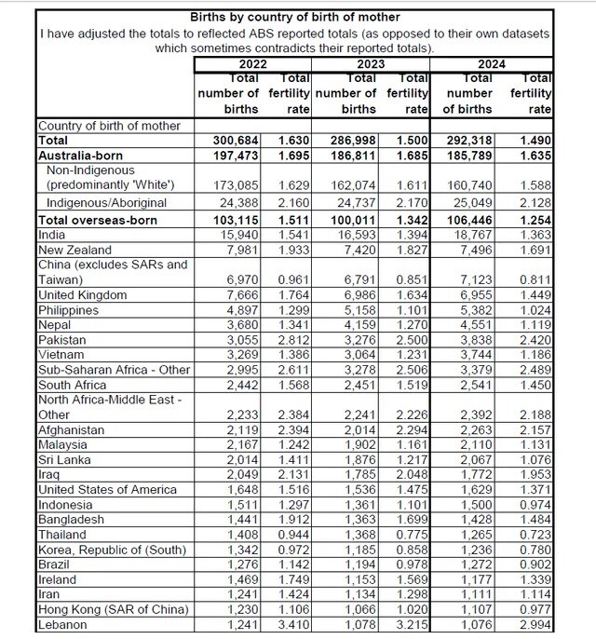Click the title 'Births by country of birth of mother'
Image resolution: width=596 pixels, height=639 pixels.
[295, 17]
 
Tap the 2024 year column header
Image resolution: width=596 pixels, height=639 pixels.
[493, 64]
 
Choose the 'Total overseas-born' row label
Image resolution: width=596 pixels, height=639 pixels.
[97, 221]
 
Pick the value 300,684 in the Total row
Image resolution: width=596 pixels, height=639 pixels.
[239, 139]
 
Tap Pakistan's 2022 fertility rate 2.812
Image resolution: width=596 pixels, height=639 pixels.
[294, 341]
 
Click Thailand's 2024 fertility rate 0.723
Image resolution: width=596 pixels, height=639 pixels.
[535, 535]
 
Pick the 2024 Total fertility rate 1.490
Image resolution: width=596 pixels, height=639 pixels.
[535, 139]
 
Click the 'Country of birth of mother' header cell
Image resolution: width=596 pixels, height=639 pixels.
[109, 125]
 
